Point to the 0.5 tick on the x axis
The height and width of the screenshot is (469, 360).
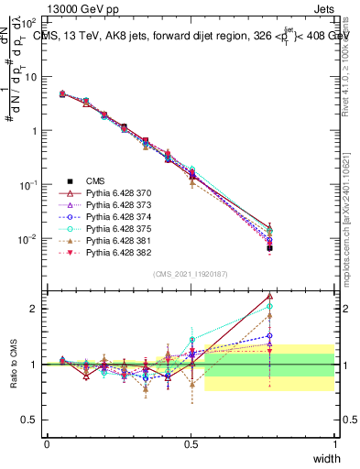click(191, 443)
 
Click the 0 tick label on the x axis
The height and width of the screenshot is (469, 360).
click(47, 443)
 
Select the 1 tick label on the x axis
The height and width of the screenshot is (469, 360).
click(334, 443)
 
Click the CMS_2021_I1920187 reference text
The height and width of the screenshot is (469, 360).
click(191, 274)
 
